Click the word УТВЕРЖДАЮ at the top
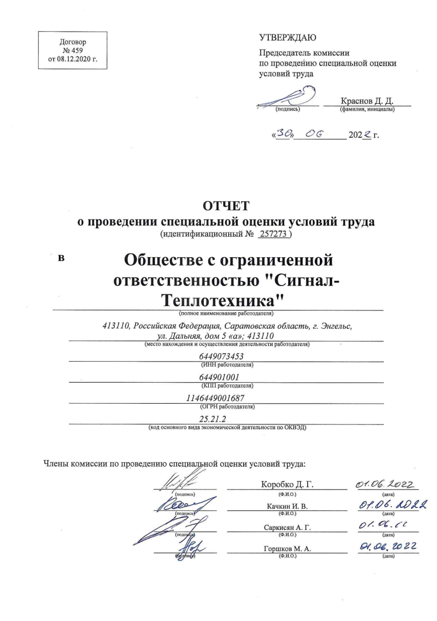pyautogui.click(x=287, y=38)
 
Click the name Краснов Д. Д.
pyautogui.click(x=367, y=101)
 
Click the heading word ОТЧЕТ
pyautogui.click(x=226, y=205)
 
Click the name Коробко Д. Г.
pyautogui.click(x=287, y=484)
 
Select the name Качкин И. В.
pyautogui.click(x=287, y=505)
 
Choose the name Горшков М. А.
pyautogui.click(x=287, y=548)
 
